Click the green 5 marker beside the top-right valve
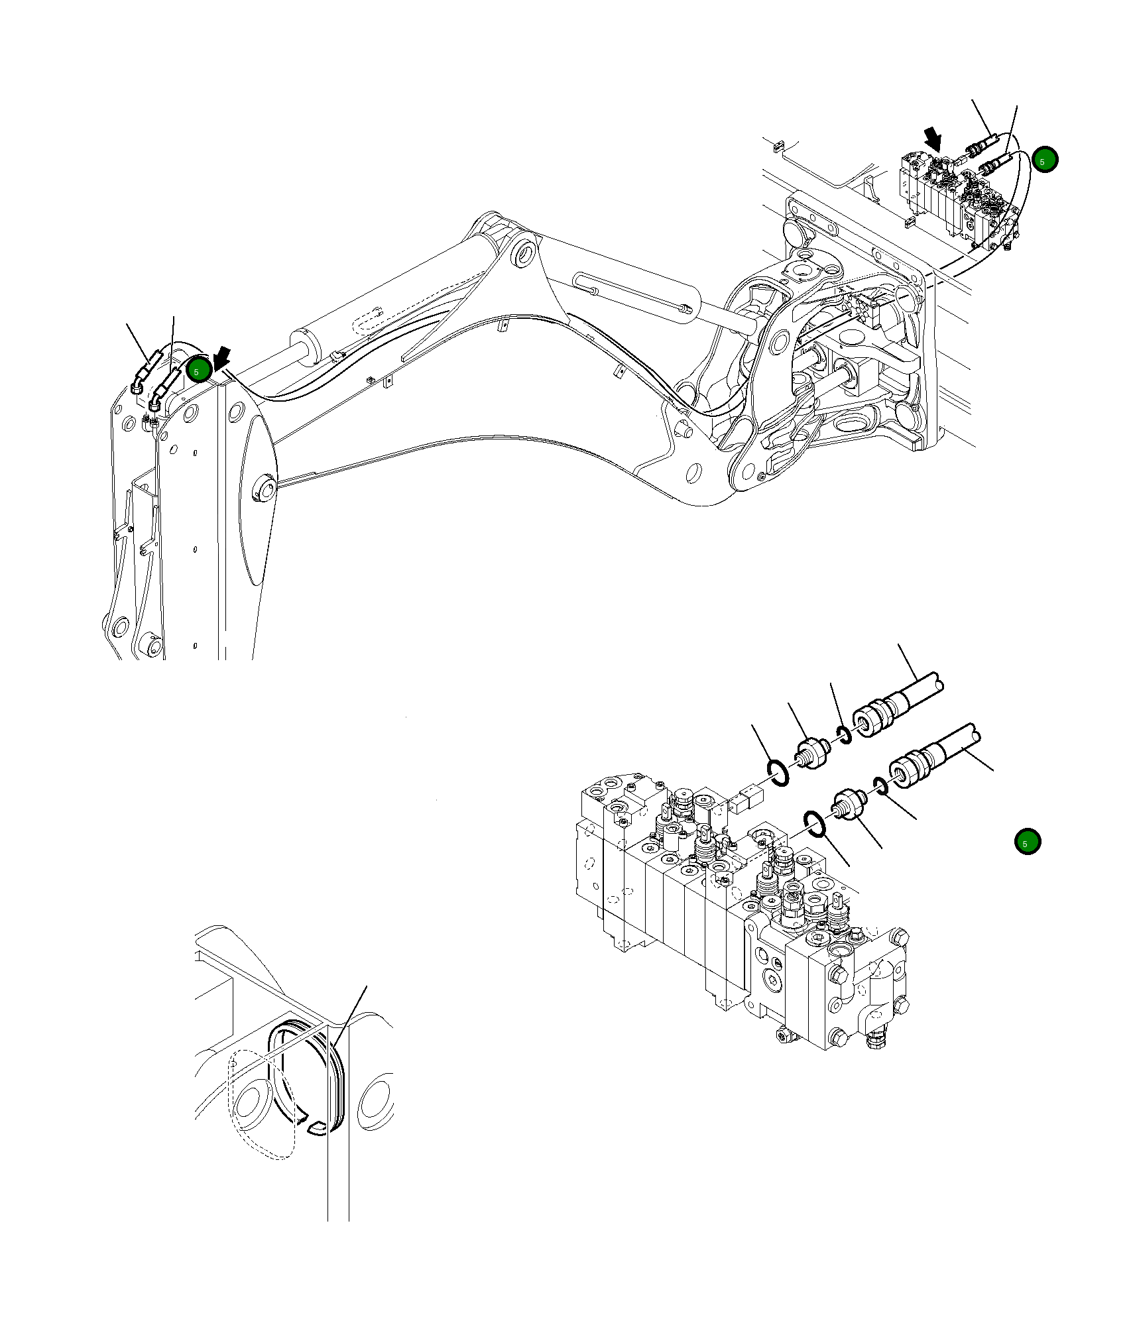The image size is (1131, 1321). tap(1045, 160)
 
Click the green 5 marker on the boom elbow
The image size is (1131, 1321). tap(198, 370)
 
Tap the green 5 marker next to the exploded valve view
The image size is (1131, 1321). tap(1028, 842)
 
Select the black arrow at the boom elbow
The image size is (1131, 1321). tap(222, 357)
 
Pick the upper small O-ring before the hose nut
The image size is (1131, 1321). tap(845, 735)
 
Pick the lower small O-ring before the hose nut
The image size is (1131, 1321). tap(880, 785)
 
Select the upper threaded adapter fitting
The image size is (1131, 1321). tap(813, 753)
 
